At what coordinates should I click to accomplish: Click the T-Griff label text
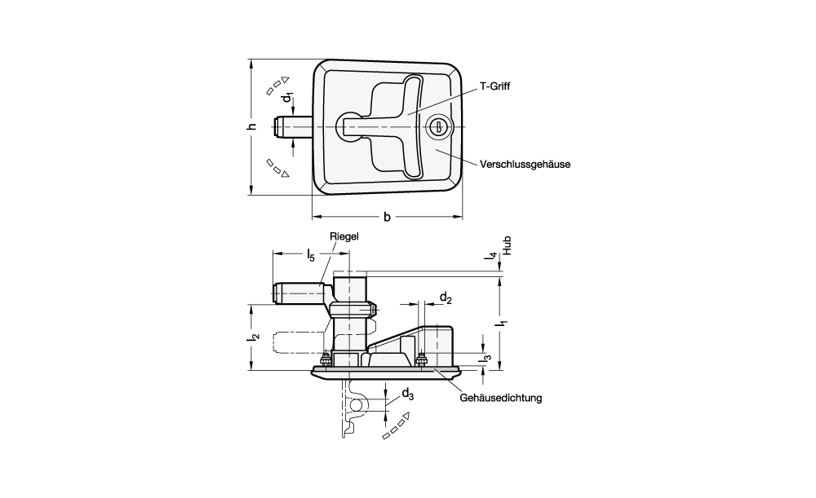click(x=496, y=86)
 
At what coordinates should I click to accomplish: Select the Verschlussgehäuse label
click(x=525, y=164)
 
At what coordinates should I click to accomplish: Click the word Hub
click(x=506, y=247)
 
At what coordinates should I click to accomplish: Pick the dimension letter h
click(x=252, y=126)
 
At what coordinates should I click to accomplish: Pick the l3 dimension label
click(x=487, y=356)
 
